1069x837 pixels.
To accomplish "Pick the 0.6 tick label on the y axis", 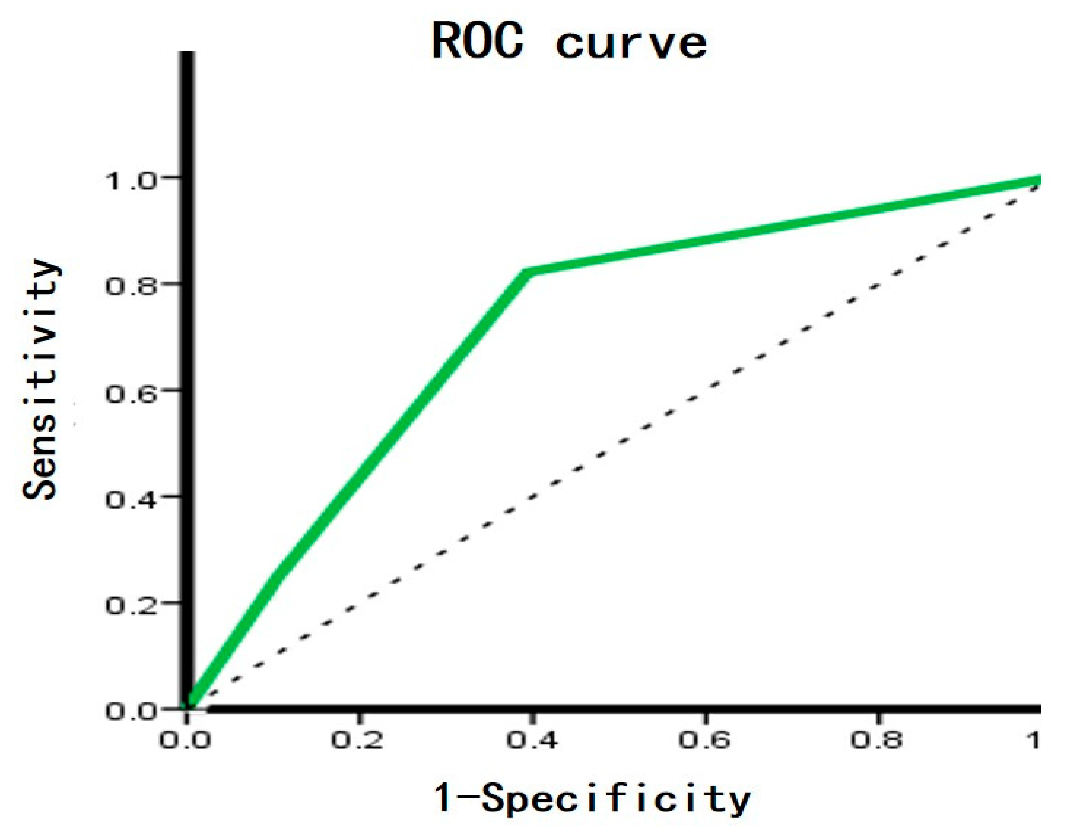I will (132, 394).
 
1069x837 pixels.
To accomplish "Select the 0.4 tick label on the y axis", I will (132, 500).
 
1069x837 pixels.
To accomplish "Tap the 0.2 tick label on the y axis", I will (132, 606).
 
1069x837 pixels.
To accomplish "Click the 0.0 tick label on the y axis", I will (132, 712).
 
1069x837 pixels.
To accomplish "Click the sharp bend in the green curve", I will (526, 272).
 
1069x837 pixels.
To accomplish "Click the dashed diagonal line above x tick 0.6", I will (704, 389).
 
